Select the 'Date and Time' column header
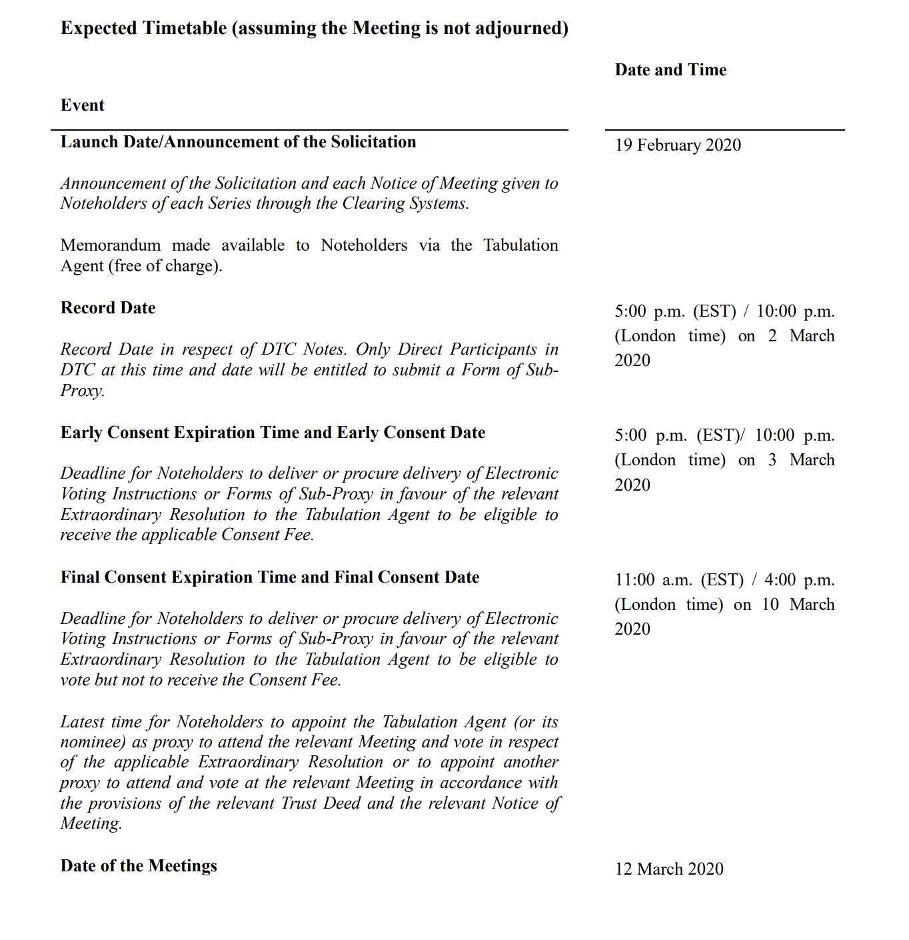(x=670, y=70)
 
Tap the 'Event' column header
(x=83, y=105)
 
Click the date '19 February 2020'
(x=678, y=145)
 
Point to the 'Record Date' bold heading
(x=108, y=308)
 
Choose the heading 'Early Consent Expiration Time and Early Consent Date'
(x=273, y=433)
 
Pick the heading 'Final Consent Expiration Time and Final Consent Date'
(x=270, y=577)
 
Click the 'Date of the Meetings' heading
(x=139, y=866)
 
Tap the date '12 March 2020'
(x=669, y=869)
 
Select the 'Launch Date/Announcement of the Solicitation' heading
(x=238, y=142)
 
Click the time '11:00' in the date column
(x=634, y=580)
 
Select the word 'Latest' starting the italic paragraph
(x=81, y=722)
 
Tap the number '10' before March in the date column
(x=770, y=605)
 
